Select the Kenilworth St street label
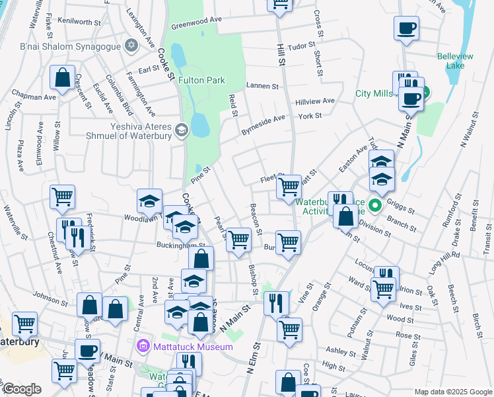click(79, 22)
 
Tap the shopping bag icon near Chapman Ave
click(62, 78)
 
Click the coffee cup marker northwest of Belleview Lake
click(406, 29)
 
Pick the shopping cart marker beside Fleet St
click(289, 187)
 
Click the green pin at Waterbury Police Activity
click(375, 205)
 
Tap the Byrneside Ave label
click(262, 124)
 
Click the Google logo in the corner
click(21, 389)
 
